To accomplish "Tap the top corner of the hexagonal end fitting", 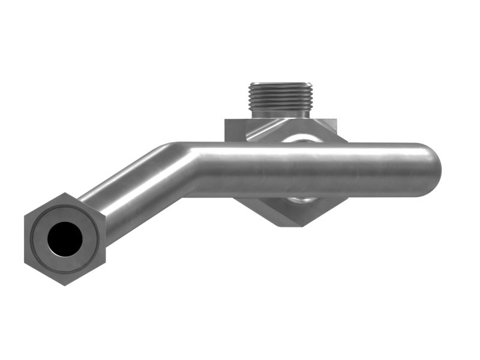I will click(x=64, y=194).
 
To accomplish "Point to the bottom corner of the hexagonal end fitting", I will click(x=64, y=284).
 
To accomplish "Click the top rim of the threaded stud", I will click(x=280, y=85).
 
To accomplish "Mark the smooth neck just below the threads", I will click(x=280, y=113).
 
